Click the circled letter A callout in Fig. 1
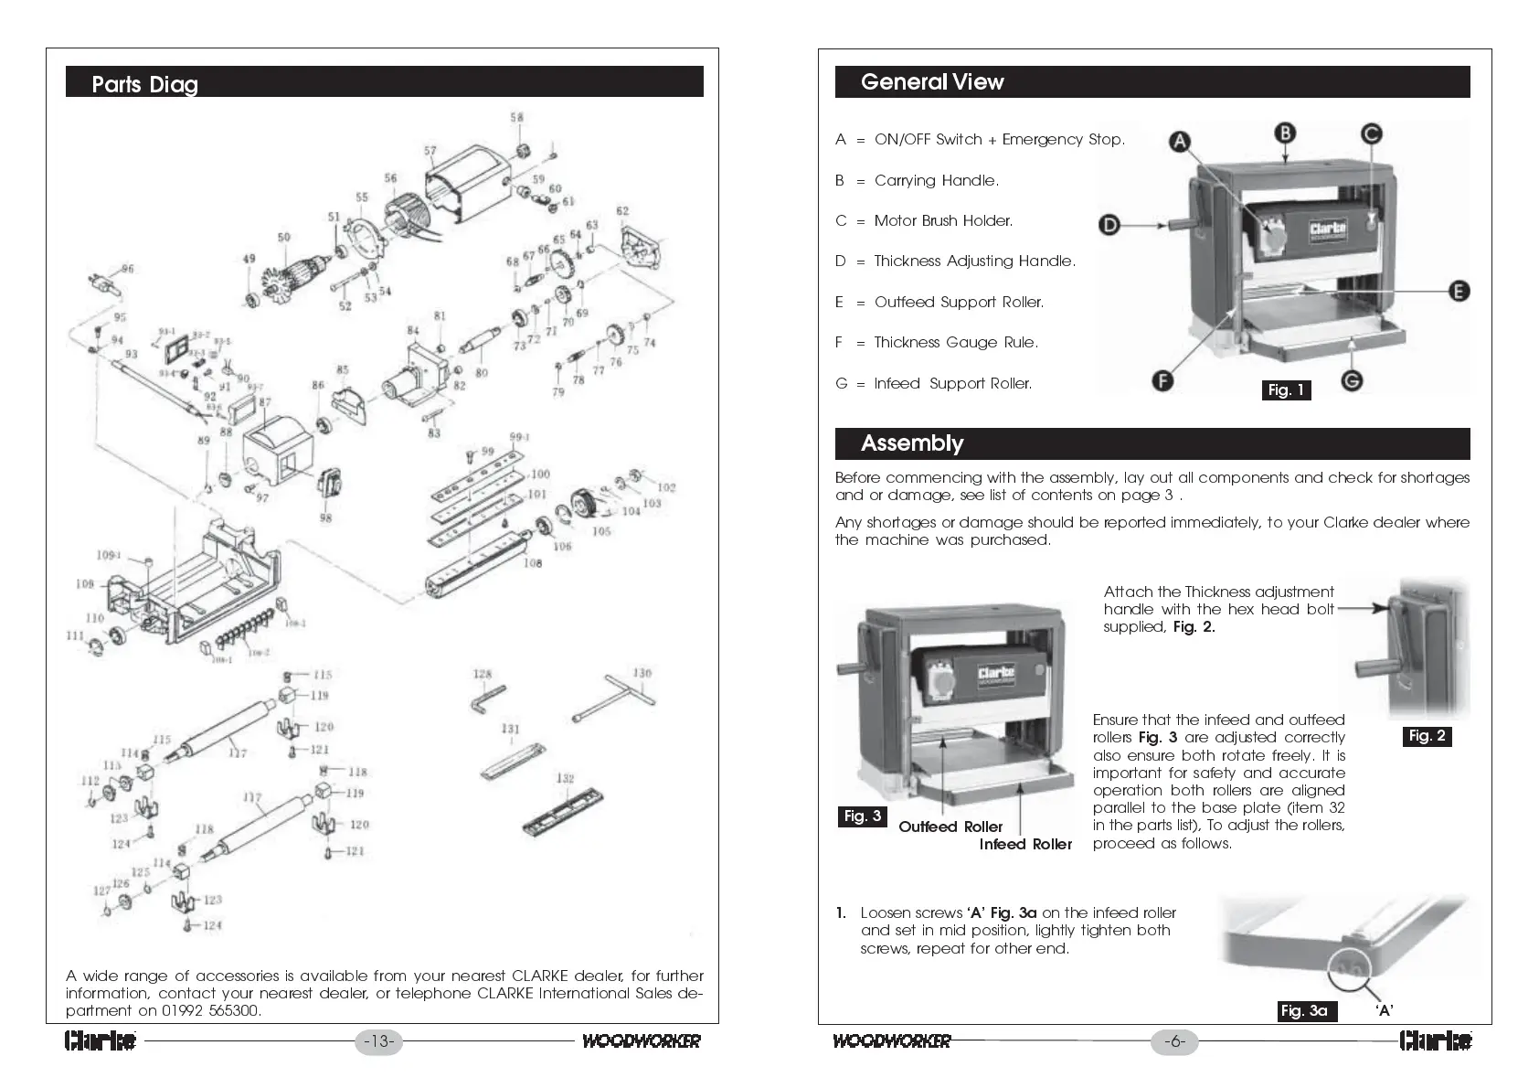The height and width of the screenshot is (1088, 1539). pos(1180,142)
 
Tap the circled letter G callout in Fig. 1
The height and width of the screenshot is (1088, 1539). pos(1352,380)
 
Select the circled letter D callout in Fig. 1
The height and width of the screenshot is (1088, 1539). pos(1109,225)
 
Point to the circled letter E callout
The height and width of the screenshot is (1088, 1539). pos(1459,292)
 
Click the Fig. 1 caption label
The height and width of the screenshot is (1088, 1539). pos(1286,390)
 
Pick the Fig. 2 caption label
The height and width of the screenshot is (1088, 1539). pos(1427,736)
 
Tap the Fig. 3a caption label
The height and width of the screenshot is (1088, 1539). pos(1304,1010)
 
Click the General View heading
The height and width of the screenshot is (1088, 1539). pos(932,82)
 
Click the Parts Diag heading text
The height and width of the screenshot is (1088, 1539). pos(144,85)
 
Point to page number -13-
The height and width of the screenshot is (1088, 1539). pos(378,1041)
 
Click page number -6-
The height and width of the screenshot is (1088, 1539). pos(1174,1041)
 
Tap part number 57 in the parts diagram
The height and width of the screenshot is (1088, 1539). pos(430,151)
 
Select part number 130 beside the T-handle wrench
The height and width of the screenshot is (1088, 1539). pos(642,673)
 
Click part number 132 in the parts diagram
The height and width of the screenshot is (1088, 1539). pos(566,778)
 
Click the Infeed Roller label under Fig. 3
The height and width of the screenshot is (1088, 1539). pos(1025,845)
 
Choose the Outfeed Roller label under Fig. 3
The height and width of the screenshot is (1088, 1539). pos(950,827)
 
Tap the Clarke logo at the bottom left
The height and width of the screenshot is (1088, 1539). pos(101,1041)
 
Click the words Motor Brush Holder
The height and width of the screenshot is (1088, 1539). pos(943,221)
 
